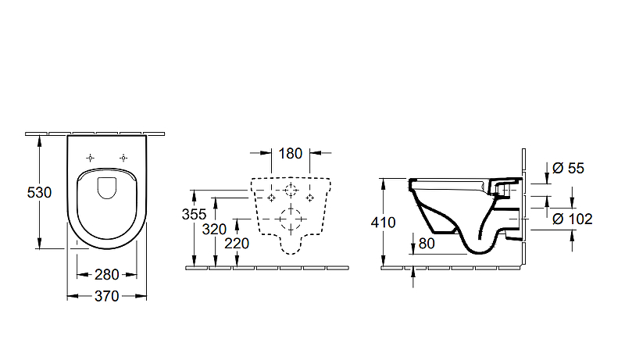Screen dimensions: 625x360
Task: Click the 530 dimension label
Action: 39,193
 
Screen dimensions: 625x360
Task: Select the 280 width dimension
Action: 107,275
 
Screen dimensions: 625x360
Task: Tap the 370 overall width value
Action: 107,296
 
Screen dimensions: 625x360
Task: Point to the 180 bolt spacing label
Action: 290,153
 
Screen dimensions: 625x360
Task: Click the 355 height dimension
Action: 194,214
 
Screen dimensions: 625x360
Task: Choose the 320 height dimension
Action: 214,230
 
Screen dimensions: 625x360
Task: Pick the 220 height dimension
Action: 237,244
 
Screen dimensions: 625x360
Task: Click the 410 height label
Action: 383,223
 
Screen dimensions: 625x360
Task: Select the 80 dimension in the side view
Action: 427,244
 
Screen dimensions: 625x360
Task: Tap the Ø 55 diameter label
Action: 569,168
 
